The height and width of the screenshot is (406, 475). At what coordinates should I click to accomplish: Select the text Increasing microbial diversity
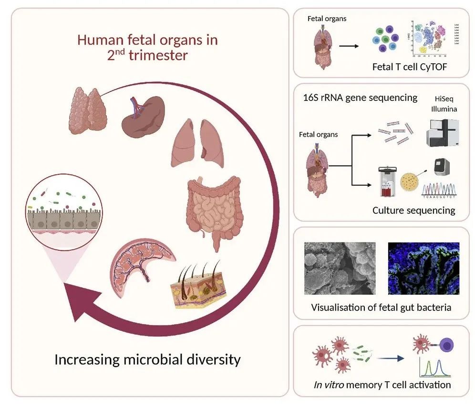coord(147,359)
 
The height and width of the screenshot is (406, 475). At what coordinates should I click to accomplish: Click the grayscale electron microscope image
coord(340,268)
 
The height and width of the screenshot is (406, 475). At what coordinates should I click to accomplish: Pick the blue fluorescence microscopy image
coord(423,268)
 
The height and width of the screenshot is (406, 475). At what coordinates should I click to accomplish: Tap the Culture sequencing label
coord(413,210)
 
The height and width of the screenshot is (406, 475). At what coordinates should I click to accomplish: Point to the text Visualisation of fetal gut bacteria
coord(381,307)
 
